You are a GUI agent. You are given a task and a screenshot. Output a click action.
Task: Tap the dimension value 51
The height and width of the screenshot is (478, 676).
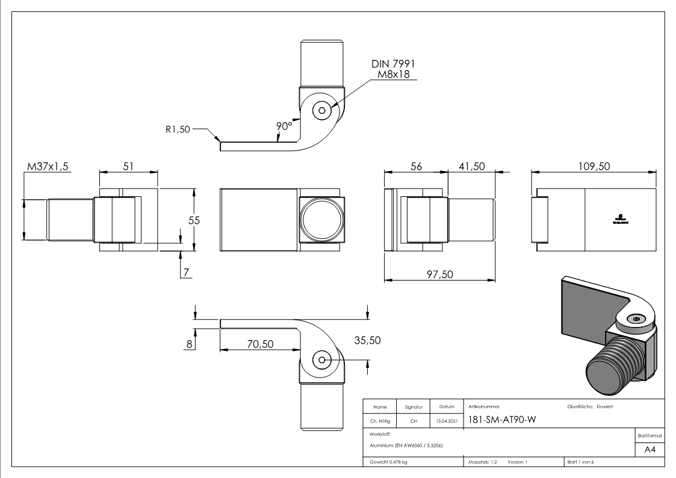tap(128, 167)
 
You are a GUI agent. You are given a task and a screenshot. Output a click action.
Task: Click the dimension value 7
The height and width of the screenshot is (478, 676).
tap(187, 272)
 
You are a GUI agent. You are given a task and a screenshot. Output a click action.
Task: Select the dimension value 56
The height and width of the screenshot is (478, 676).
tap(416, 167)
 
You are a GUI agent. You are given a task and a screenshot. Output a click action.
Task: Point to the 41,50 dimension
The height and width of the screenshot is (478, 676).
tap(471, 167)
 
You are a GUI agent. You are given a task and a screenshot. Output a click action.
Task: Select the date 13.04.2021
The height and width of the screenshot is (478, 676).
tap(446, 421)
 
